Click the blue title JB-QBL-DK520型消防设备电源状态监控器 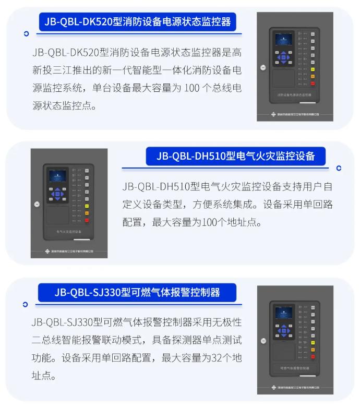click(x=137, y=22)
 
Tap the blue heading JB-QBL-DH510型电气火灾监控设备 click(x=236, y=156)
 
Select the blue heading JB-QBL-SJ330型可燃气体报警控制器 click(x=137, y=292)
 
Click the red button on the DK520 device click(x=313, y=82)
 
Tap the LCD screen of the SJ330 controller click(x=283, y=313)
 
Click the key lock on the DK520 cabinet click(x=263, y=67)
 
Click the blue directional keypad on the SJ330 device click(x=284, y=330)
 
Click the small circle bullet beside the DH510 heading click(x=339, y=168)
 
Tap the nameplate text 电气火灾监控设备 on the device click(x=69, y=231)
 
